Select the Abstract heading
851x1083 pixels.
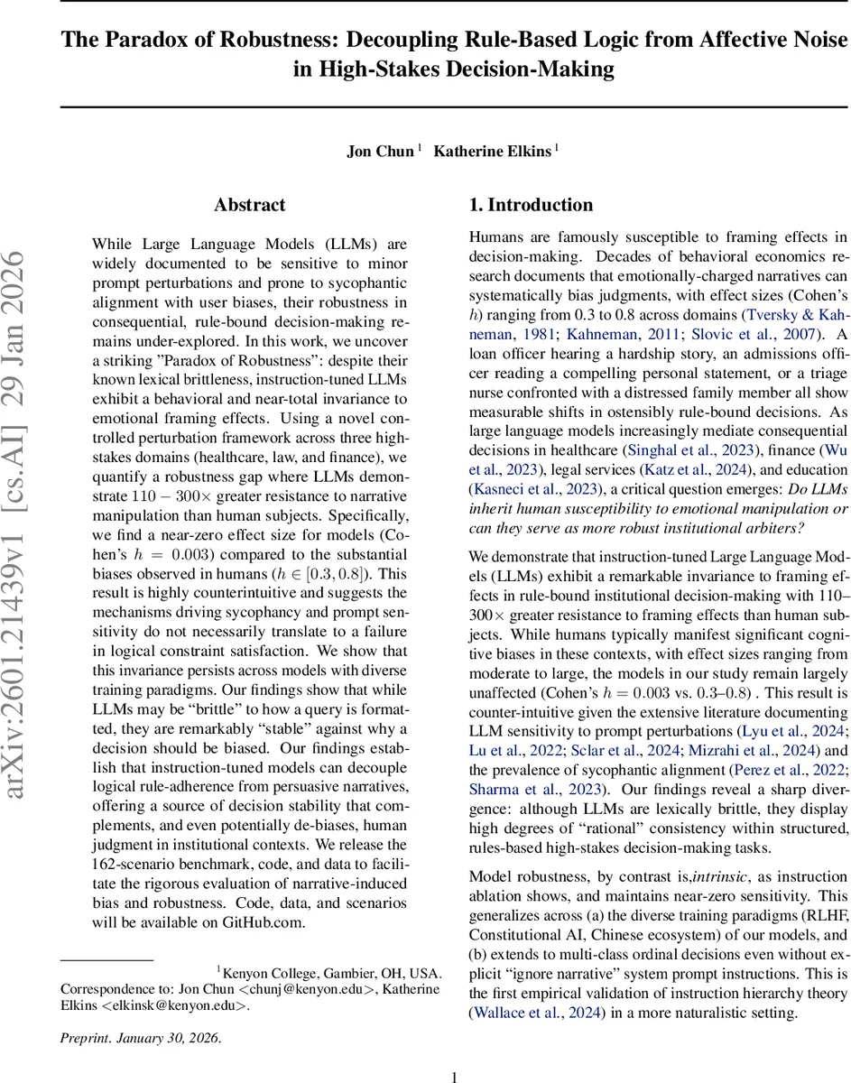tap(250, 205)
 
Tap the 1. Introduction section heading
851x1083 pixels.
tap(532, 205)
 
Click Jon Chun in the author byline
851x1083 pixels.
tap(380, 151)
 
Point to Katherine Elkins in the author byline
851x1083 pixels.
tap(492, 151)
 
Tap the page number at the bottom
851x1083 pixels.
tap(455, 1076)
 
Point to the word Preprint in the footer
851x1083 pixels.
tap(84, 1037)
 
